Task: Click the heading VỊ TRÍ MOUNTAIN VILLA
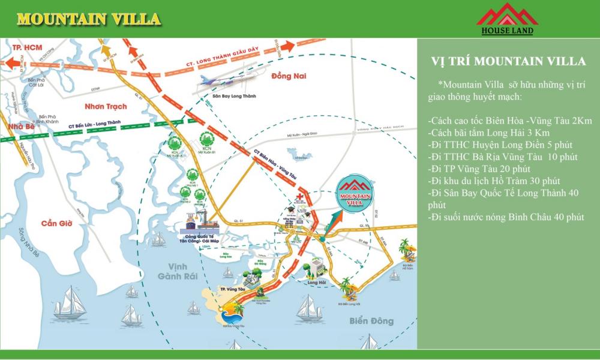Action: tap(508, 61)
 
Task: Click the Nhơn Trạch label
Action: tap(106, 106)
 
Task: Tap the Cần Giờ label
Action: tap(57, 223)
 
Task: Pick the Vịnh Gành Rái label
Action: tap(173, 271)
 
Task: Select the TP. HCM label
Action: tap(25, 46)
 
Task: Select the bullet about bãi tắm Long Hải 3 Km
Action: tap(489, 133)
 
